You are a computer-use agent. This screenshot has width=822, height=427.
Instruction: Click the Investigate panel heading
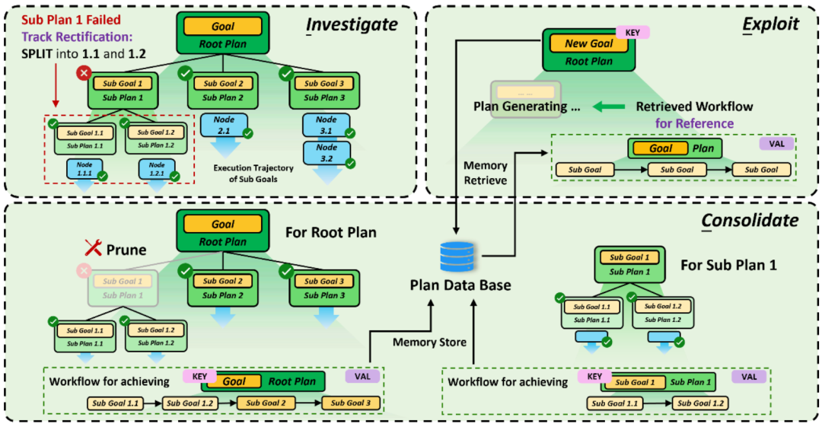click(x=352, y=24)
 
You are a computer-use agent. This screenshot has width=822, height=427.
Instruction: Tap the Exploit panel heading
click(x=771, y=24)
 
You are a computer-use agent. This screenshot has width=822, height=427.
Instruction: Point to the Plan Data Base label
click(x=460, y=285)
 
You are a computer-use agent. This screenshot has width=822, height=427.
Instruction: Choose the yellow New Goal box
click(x=587, y=44)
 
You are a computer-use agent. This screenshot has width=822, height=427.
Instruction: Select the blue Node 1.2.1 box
click(x=157, y=169)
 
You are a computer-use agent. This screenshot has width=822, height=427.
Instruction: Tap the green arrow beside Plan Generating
click(x=606, y=107)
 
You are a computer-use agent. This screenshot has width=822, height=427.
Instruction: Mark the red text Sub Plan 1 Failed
click(x=61, y=18)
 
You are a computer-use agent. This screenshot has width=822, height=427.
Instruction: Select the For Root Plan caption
click(x=330, y=232)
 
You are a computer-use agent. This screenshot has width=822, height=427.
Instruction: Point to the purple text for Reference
click(x=693, y=123)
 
